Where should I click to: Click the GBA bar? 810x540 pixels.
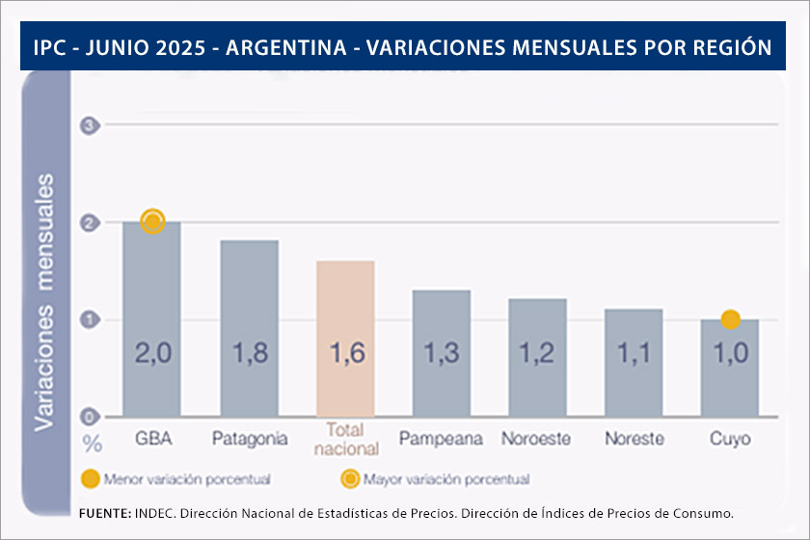(x=151, y=318)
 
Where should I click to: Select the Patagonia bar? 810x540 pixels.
(x=249, y=328)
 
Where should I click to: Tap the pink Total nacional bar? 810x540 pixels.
(x=345, y=337)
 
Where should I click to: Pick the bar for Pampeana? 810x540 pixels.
(x=442, y=353)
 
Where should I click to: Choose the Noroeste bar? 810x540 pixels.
(x=537, y=357)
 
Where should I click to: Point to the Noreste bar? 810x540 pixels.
(x=634, y=363)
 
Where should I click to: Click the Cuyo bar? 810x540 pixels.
(x=730, y=367)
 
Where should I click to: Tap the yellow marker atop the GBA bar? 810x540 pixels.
(x=152, y=222)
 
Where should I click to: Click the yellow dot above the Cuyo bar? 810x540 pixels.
(x=730, y=319)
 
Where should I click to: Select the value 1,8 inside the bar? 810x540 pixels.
(x=249, y=354)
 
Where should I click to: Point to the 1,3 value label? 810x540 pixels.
(x=442, y=354)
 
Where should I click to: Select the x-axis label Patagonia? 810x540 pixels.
(x=249, y=439)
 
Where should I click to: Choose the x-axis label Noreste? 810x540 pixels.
(x=634, y=439)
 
